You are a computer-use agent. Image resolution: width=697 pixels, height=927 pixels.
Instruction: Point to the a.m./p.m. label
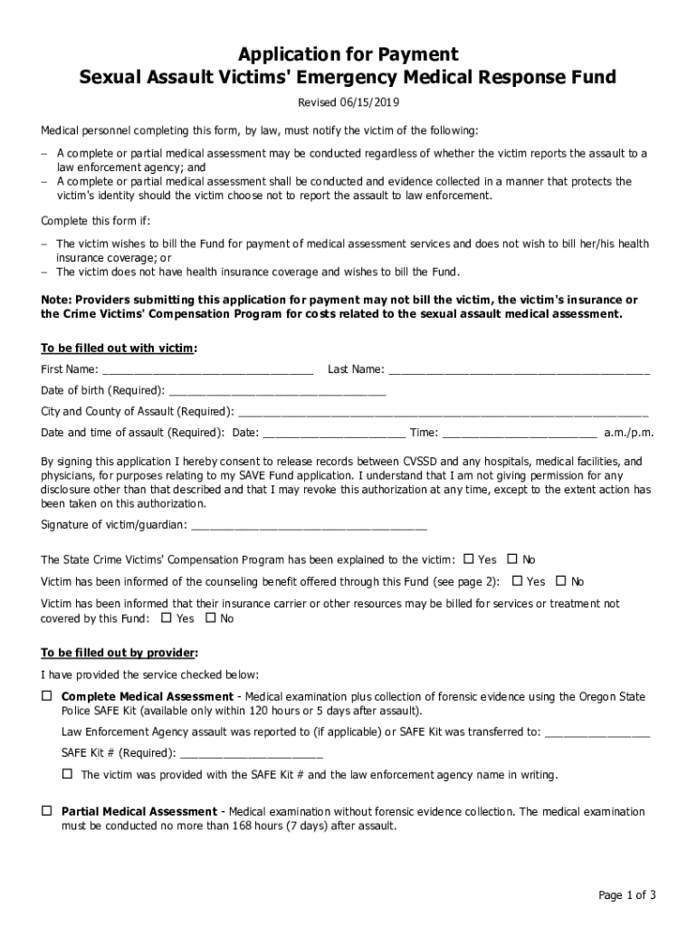pos(629,433)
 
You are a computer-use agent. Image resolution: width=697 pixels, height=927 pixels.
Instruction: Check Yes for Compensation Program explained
pos(469,559)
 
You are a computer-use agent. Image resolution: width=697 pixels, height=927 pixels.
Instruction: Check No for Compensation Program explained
pos(512,559)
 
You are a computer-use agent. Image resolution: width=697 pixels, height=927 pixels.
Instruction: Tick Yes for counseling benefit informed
pos(518,581)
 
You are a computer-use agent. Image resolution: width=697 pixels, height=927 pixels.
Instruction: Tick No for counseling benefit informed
pos(560,581)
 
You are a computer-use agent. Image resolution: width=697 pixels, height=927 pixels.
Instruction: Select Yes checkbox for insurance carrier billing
pos(166,618)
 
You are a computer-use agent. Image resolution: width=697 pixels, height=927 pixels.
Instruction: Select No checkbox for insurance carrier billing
pos(211,618)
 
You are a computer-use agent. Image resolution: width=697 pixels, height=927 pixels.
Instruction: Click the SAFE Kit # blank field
pos(252,753)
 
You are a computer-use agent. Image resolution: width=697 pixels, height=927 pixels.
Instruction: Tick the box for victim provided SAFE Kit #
pos(67,774)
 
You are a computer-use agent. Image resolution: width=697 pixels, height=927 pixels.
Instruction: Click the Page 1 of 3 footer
pos(626,895)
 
